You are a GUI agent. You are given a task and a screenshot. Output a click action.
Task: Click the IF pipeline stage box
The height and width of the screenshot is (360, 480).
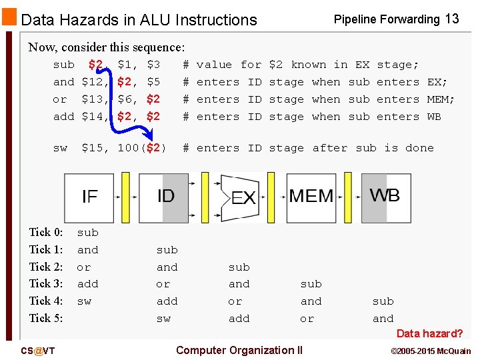[89, 197]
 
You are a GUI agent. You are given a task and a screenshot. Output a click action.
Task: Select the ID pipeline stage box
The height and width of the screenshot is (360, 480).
[164, 197]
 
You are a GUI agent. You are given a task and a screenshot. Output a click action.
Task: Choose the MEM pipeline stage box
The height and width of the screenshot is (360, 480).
[311, 197]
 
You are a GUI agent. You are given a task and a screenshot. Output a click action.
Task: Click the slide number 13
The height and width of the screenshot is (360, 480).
[452, 19]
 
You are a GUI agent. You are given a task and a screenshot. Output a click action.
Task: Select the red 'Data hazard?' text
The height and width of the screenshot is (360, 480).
[429, 333]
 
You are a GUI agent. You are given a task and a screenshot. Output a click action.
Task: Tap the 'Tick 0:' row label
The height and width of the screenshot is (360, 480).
[46, 233]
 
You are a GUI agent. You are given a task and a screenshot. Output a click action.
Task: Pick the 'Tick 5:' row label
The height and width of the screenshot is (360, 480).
[46, 319]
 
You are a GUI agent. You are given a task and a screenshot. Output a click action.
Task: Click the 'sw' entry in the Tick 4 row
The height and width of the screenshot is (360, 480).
[84, 301]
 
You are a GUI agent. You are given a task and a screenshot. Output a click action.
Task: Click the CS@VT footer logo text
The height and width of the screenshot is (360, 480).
[38, 351]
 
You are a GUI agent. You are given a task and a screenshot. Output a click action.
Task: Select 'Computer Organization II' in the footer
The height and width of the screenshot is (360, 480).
[239, 350]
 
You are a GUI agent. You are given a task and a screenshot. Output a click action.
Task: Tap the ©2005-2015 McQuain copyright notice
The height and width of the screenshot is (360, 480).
[431, 351]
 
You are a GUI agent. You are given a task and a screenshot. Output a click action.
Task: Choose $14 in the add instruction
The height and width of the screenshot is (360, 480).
[92, 117]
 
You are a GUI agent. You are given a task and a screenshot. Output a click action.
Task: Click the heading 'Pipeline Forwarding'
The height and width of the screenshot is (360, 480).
[386, 19]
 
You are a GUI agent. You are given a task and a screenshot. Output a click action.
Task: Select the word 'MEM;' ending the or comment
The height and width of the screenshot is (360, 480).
[441, 99]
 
